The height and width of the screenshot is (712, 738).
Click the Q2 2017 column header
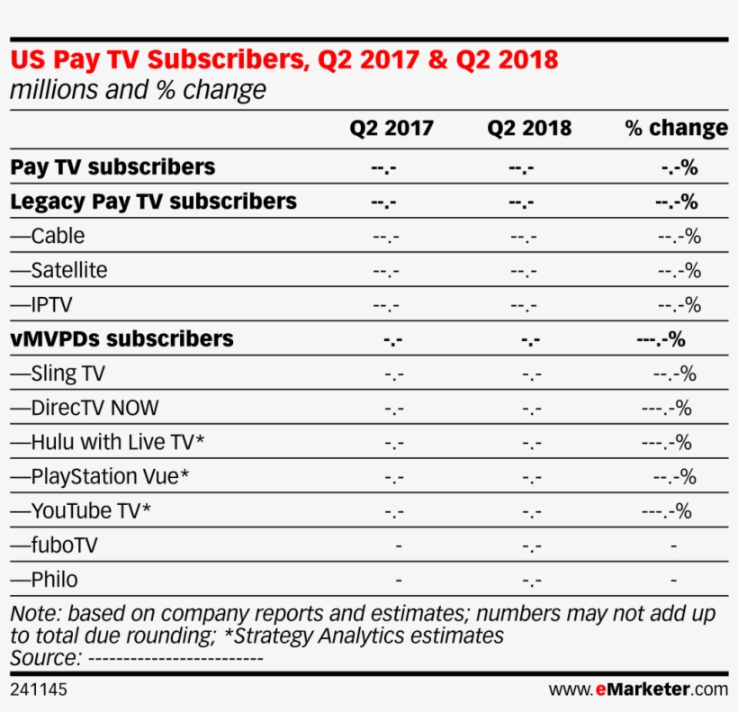coord(391,129)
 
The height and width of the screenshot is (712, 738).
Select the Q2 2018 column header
coord(529,129)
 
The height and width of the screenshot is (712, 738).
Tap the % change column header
coord(676,129)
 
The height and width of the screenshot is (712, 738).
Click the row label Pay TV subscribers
coord(112,167)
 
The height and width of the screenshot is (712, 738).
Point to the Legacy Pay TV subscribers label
coord(153,202)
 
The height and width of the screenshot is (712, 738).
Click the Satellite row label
coord(58,271)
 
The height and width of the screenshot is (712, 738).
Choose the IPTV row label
coord(41,305)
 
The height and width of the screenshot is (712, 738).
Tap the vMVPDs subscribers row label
coord(121,339)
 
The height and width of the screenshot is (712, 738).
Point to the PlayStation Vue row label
coord(100,477)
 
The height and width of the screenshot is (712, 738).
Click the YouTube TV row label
coord(80,511)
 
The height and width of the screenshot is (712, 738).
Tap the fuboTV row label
coord(54,545)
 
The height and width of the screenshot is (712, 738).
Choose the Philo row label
coord(44,580)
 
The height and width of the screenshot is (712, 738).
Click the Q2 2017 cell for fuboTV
coord(398,545)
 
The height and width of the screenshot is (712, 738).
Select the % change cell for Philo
coord(673,580)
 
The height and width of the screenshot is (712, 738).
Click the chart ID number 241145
coord(39,690)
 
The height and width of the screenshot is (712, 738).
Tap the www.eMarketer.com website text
coord(638,690)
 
